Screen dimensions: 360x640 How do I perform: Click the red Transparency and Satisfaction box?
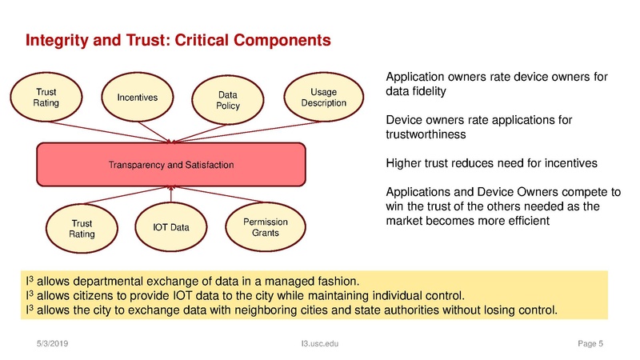[171, 165]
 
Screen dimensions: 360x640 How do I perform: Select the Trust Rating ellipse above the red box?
[40, 98]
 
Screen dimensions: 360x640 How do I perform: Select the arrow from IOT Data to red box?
[170, 196]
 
